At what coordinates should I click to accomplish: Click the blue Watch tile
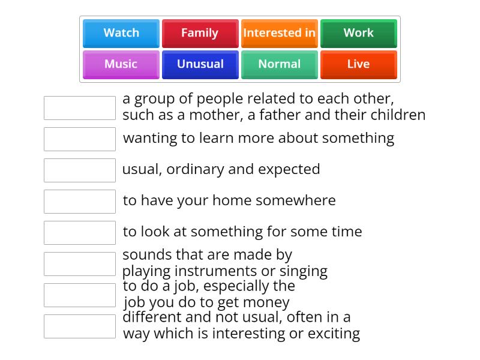tap(121, 34)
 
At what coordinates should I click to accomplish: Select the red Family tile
tap(200, 34)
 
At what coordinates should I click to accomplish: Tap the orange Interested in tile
tap(280, 34)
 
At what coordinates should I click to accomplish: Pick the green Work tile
tap(359, 34)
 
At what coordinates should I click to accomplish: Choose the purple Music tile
tap(121, 65)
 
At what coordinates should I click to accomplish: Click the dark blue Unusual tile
tap(200, 65)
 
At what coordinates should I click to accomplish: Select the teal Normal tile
tap(280, 65)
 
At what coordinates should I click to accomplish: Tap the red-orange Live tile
tap(359, 65)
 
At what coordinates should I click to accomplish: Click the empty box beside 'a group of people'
tap(80, 108)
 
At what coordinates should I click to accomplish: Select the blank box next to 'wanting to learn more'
tap(80, 139)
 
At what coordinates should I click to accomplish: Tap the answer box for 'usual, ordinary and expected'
tap(80, 170)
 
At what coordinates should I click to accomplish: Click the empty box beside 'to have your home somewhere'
tap(80, 202)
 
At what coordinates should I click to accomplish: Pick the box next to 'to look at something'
tap(80, 233)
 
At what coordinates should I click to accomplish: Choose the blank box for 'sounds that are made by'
tap(80, 264)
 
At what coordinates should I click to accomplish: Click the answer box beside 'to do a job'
tap(80, 295)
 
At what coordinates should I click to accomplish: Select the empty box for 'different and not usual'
tap(80, 326)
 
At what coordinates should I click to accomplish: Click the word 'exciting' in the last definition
tap(334, 334)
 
